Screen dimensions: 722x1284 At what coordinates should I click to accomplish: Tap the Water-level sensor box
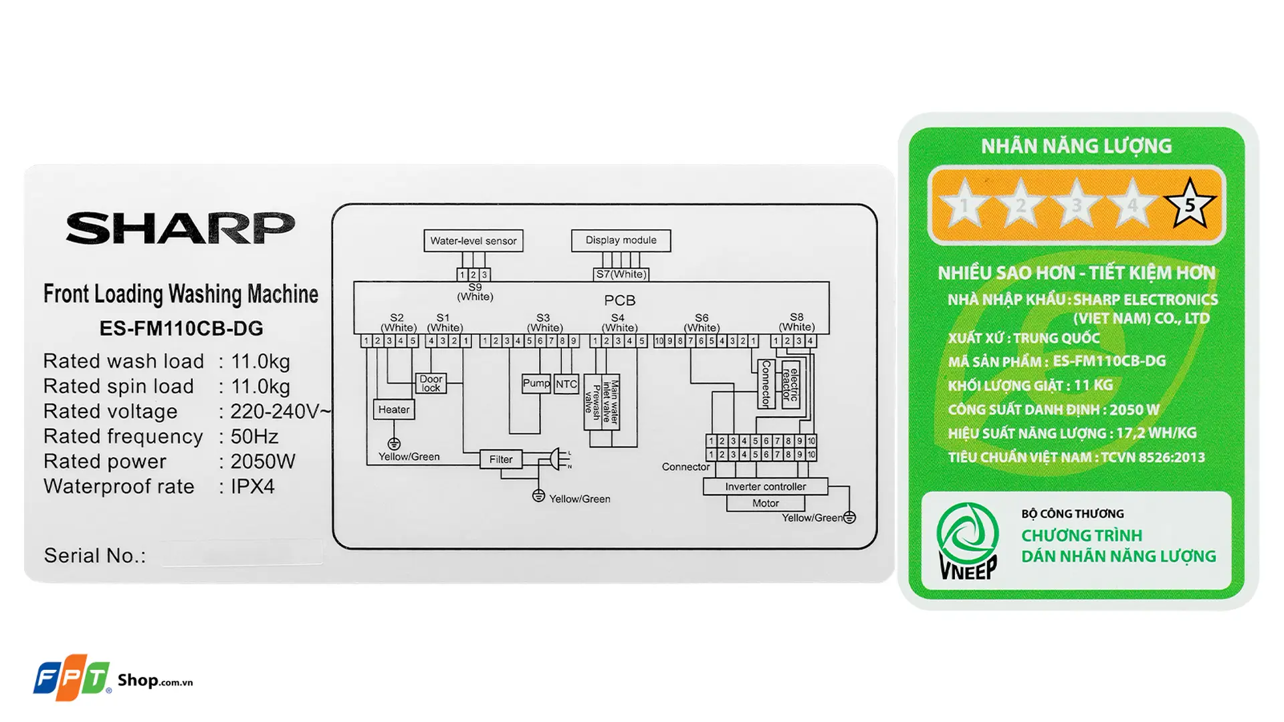(473, 241)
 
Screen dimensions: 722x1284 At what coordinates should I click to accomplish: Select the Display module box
(621, 240)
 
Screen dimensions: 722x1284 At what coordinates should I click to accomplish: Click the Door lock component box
(431, 383)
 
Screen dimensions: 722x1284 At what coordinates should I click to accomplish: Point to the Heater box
(393, 409)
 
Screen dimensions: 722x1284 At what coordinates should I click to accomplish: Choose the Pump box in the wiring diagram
(536, 383)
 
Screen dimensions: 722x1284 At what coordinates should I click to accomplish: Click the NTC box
(566, 384)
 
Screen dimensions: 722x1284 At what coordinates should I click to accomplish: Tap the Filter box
(500, 459)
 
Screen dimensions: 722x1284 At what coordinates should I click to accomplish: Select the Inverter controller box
(765, 487)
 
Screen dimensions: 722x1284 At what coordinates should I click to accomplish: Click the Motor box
(765, 503)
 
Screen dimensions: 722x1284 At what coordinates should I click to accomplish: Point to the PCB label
(619, 300)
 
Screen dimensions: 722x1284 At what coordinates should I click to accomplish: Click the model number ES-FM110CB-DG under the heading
(181, 328)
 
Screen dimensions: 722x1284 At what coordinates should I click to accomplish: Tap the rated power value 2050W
(263, 461)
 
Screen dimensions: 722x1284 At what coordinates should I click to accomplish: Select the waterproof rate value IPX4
(253, 487)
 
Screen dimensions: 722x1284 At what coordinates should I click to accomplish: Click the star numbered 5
(1189, 204)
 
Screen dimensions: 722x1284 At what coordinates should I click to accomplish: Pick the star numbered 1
(964, 205)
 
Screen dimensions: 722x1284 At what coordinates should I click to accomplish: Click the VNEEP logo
(967, 541)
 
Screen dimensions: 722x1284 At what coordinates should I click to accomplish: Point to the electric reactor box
(790, 384)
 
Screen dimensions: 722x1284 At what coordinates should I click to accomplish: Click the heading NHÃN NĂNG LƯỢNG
(1076, 146)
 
